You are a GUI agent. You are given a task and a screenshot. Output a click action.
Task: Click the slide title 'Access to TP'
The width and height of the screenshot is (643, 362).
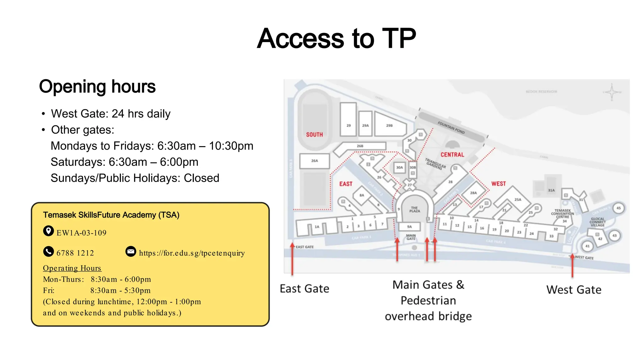(336, 38)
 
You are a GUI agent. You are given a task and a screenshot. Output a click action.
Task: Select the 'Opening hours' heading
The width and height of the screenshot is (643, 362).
(97, 86)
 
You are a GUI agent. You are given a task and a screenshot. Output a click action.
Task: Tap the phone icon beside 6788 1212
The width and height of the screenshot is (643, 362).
(48, 251)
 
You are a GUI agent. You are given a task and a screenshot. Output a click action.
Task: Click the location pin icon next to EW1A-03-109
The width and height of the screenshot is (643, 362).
(48, 231)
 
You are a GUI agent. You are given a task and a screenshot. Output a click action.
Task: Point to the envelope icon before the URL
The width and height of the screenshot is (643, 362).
(131, 251)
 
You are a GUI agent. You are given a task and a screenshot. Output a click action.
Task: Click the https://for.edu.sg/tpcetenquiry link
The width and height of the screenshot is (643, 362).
(192, 253)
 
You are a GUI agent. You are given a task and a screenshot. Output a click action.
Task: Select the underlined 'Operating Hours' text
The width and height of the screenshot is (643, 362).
(72, 268)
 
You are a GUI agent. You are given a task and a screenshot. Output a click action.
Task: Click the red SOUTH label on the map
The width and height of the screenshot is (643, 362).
(314, 134)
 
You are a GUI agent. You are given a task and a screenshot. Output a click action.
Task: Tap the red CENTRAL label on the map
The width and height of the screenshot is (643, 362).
(452, 155)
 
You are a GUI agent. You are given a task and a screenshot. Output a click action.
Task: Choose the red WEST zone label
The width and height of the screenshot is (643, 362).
(499, 184)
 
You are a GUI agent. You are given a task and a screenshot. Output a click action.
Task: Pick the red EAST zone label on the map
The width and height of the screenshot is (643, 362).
(346, 184)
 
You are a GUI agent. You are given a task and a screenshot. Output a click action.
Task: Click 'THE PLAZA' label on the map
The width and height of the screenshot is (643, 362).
(414, 209)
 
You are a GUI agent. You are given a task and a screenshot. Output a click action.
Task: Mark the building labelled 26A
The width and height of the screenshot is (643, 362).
(314, 161)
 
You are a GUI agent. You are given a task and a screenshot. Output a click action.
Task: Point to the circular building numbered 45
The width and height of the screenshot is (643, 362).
(618, 208)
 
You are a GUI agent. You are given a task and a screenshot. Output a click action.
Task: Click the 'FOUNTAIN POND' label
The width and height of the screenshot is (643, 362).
(451, 128)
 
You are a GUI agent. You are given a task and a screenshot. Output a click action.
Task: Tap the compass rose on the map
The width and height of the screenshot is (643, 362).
(612, 92)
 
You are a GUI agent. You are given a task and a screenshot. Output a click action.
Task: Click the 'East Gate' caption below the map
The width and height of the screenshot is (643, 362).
(304, 288)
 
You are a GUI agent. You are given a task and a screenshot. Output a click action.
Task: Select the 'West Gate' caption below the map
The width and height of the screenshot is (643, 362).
(574, 289)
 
